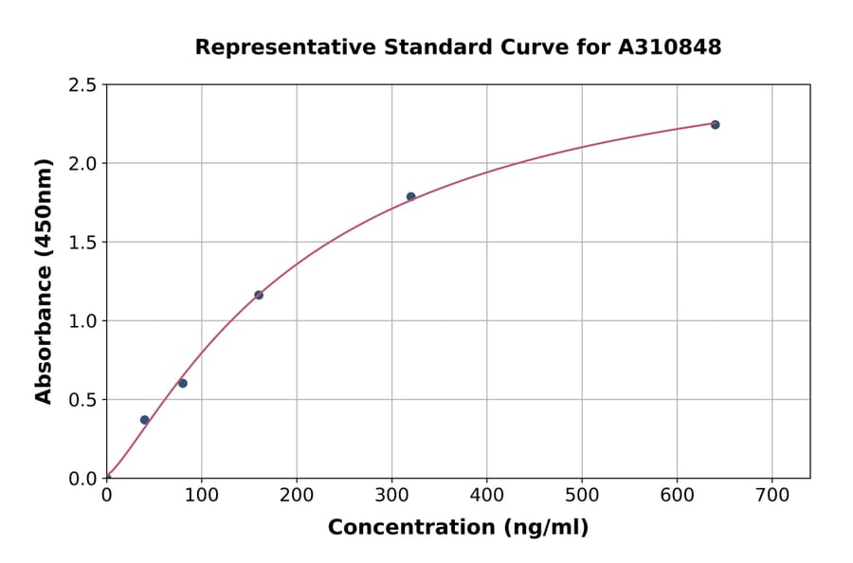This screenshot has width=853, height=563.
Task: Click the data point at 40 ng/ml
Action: [x=144, y=420]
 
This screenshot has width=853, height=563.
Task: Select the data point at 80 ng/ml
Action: [x=183, y=383]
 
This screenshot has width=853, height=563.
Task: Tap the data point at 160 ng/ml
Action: [x=259, y=295]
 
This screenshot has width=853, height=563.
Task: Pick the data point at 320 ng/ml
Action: [x=410, y=196]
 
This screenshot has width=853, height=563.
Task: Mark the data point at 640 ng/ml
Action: [x=715, y=124]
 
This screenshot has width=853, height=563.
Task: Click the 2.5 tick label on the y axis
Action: [x=83, y=85]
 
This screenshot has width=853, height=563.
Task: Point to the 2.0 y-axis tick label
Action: [x=83, y=164]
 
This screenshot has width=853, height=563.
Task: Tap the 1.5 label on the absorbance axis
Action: [x=83, y=243]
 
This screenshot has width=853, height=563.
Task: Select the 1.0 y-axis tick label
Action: [x=83, y=321]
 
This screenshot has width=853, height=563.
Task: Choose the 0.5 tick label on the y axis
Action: [x=83, y=400]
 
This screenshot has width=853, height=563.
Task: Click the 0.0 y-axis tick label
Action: [x=83, y=479]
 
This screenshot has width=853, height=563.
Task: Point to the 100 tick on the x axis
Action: [x=201, y=495]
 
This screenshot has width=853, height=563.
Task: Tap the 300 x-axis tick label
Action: [x=391, y=495]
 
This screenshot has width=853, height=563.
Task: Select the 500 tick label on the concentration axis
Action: [x=582, y=495]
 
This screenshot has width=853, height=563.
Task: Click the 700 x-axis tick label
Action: [x=771, y=495]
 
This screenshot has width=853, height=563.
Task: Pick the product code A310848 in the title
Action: [x=670, y=46]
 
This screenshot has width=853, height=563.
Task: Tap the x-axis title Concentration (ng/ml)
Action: [x=458, y=527]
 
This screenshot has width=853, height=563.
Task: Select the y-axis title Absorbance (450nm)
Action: [x=44, y=281]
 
